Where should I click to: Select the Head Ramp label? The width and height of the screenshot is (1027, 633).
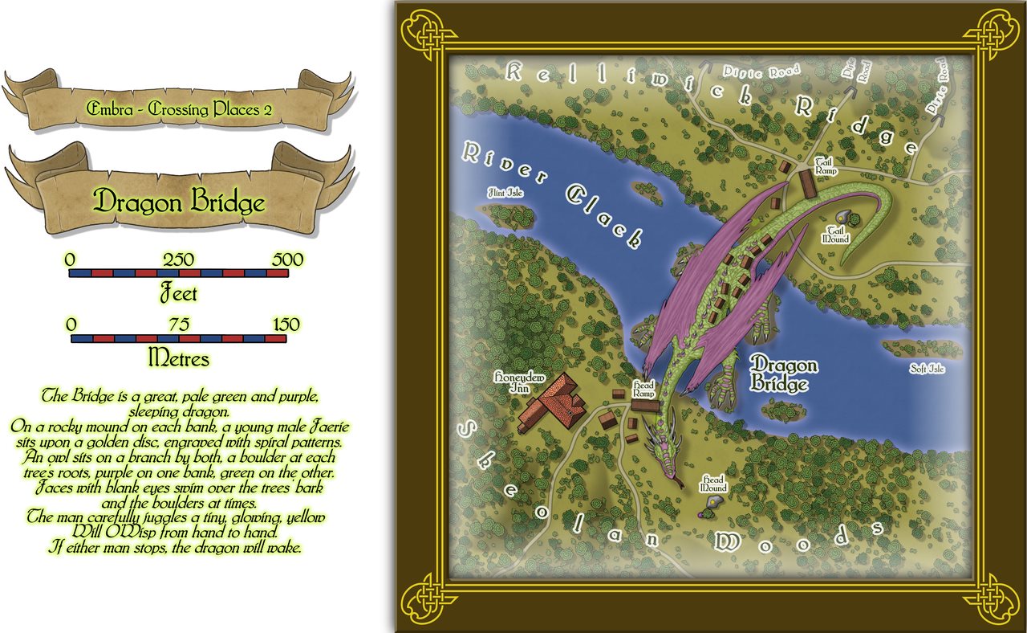click(643, 390)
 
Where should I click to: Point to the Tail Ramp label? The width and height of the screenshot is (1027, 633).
click(826, 166)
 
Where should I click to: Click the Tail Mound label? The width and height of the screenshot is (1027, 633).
click(834, 234)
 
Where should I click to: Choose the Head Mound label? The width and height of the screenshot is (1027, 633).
click(713, 484)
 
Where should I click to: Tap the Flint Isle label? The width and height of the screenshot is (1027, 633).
click(505, 193)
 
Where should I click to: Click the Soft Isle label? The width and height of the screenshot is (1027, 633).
click(928, 370)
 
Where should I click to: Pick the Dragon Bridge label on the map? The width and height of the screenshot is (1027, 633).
click(783, 375)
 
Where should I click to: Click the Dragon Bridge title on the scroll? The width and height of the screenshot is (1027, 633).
click(179, 202)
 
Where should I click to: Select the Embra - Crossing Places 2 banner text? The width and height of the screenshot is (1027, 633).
click(173, 109)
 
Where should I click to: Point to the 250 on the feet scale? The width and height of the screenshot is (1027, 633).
click(179, 259)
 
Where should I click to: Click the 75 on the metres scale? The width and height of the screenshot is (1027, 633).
click(179, 325)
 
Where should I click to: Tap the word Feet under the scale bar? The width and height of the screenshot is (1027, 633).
click(178, 293)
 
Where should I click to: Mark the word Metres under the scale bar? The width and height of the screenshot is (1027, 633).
click(178, 358)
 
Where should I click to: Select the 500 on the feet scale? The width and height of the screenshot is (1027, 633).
click(287, 259)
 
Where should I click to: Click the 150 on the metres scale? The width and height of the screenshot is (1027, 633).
click(284, 325)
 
